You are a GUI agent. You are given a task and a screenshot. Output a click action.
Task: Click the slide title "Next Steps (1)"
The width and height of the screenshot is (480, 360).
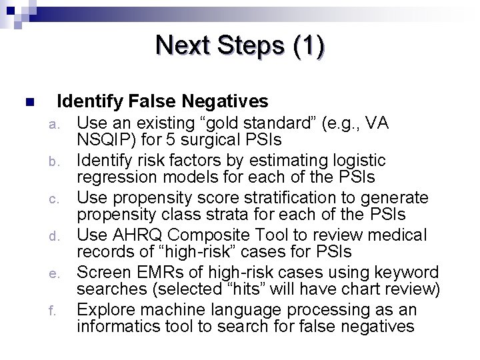point(240,45)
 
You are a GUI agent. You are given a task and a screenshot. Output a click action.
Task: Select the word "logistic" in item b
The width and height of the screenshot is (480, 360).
point(358,161)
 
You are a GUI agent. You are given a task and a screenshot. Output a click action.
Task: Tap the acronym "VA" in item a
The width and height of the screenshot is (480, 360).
point(377,123)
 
